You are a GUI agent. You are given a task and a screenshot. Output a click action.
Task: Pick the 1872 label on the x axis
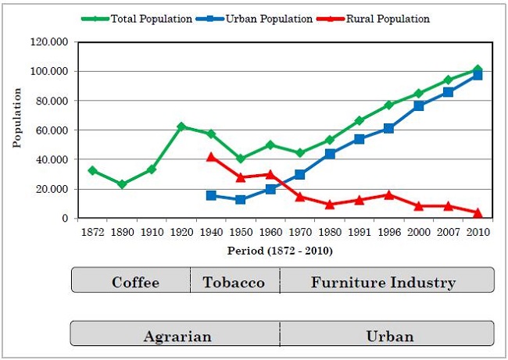(92, 232)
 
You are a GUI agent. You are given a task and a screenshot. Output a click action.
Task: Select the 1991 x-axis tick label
(360, 232)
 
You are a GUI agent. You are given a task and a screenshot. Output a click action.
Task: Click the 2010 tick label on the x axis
(478, 232)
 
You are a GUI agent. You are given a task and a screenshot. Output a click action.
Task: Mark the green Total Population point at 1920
(181, 126)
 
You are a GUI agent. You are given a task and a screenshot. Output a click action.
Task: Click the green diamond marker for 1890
(122, 184)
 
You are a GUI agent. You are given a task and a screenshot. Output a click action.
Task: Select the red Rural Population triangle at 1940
(211, 157)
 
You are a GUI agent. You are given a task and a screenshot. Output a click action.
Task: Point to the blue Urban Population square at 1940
(211, 195)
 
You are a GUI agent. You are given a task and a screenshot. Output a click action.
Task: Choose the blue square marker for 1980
(330, 154)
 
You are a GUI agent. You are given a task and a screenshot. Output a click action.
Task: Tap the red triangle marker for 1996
(388, 194)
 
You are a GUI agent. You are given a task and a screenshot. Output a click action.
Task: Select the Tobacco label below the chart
(234, 282)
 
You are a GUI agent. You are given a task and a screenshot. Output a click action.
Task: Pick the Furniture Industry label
(383, 282)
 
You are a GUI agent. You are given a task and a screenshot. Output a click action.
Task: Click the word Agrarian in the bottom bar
(177, 337)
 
